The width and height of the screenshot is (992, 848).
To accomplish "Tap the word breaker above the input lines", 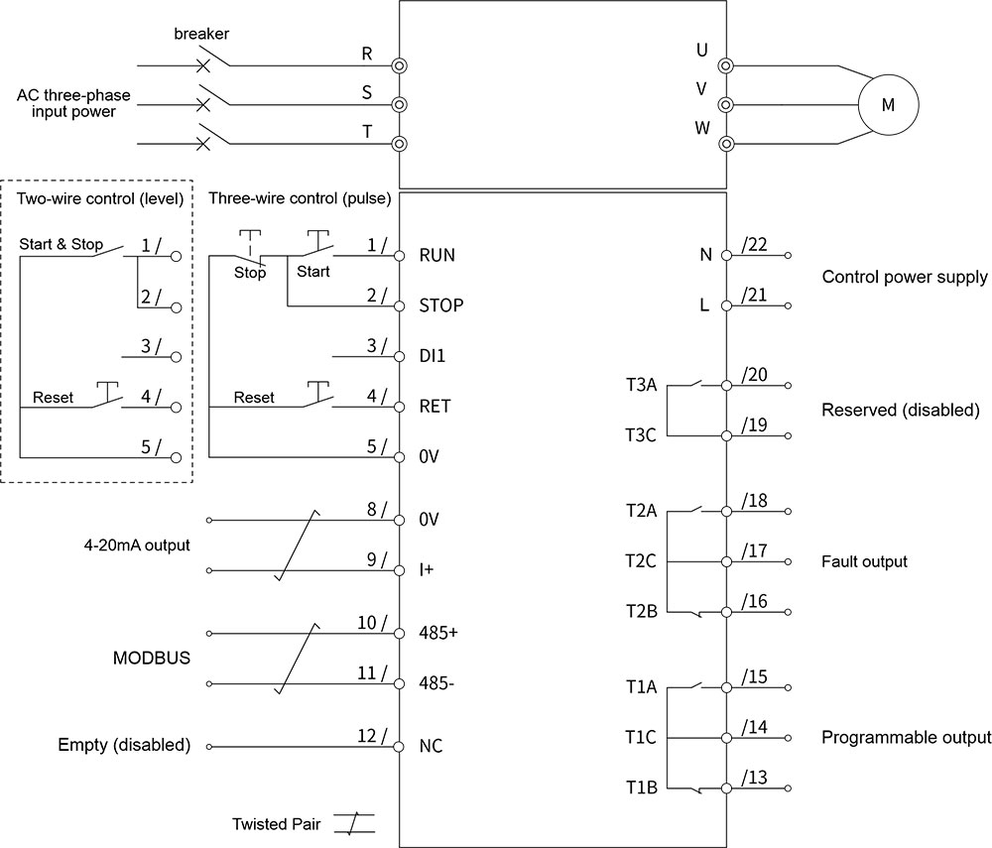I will [201, 34].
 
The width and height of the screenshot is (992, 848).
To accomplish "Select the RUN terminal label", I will [437, 255].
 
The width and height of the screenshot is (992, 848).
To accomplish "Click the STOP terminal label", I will [441, 305].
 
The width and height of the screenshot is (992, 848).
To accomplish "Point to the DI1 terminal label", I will [434, 355].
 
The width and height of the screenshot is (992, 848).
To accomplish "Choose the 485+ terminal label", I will [438, 633].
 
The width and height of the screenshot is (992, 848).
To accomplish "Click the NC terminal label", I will [432, 746].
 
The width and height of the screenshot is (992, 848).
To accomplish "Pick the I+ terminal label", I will [427, 570].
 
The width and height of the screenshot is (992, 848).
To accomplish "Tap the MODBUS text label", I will [151, 658].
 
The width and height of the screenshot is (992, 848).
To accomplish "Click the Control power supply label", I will [905, 278].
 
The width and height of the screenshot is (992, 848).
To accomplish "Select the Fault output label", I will [864, 561].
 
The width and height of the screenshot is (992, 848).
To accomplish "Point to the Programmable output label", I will [906, 738].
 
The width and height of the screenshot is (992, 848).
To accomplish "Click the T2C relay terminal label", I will [641, 561].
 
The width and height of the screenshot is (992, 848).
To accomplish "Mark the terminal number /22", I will [755, 245].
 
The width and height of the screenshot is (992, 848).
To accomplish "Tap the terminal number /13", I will [755, 777].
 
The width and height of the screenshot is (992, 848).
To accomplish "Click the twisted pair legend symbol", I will [354, 824].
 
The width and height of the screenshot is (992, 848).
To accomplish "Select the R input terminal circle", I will [400, 66].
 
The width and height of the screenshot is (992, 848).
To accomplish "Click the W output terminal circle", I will [726, 143].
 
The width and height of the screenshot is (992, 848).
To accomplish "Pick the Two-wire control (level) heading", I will [100, 197].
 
